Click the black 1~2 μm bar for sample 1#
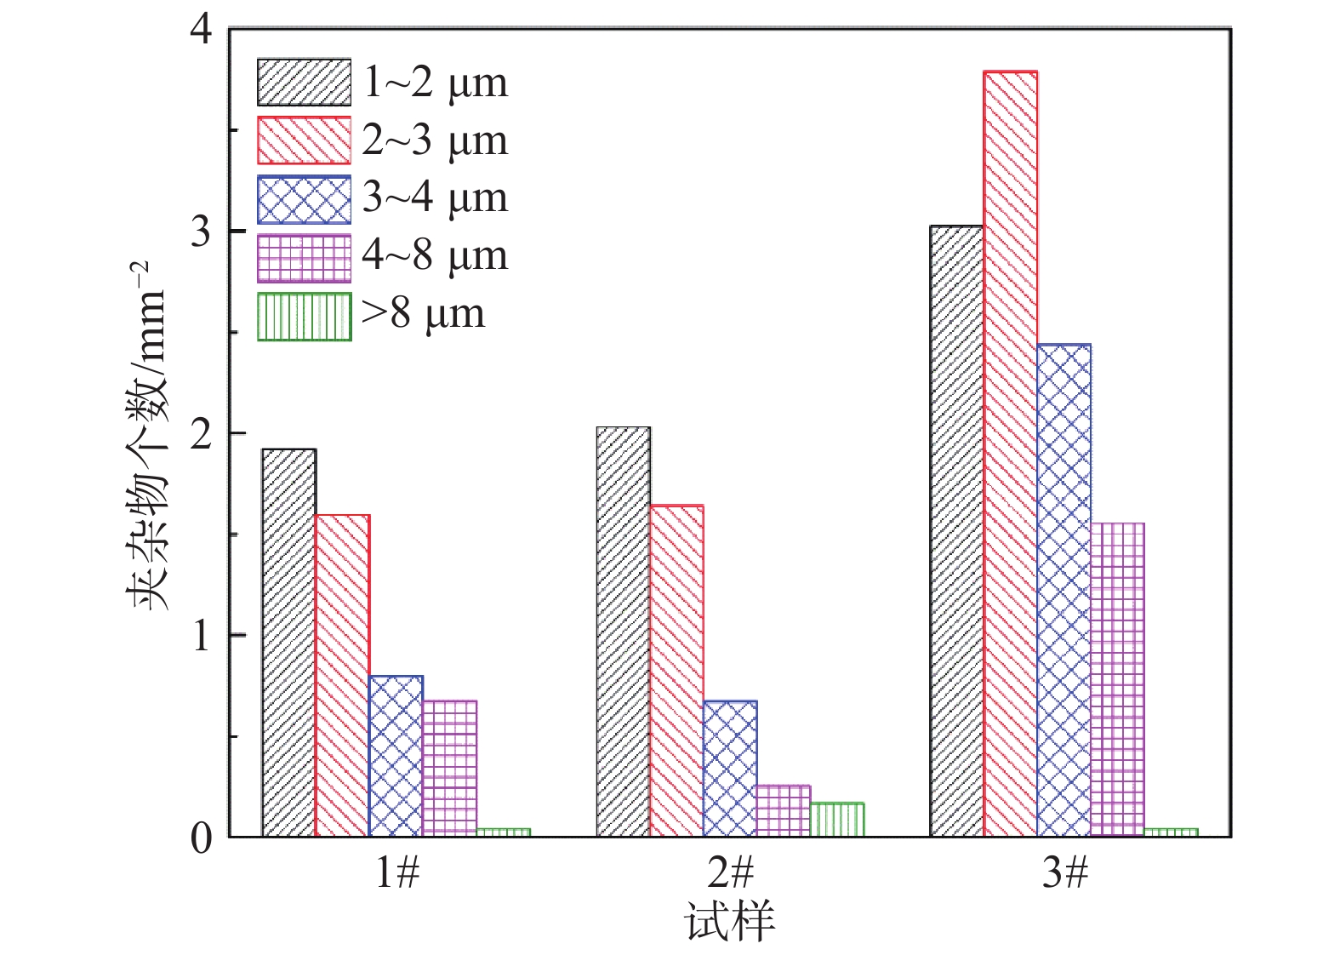coord(289,643)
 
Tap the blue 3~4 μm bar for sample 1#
coord(396,756)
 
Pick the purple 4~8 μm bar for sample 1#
coord(449,768)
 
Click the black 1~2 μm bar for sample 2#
coord(623,632)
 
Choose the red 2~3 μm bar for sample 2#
coord(676,671)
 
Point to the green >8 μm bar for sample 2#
coord(837,820)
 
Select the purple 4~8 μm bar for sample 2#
coord(784,810)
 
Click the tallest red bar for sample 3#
coord(1010,454)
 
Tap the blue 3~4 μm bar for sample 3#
coord(1063,590)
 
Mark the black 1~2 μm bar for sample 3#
coord(956,531)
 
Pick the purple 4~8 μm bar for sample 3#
coord(1117,679)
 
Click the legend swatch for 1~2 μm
coord(304,83)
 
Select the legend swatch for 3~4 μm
coord(304,199)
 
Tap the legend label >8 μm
coord(423,315)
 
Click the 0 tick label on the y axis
coord(201,838)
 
